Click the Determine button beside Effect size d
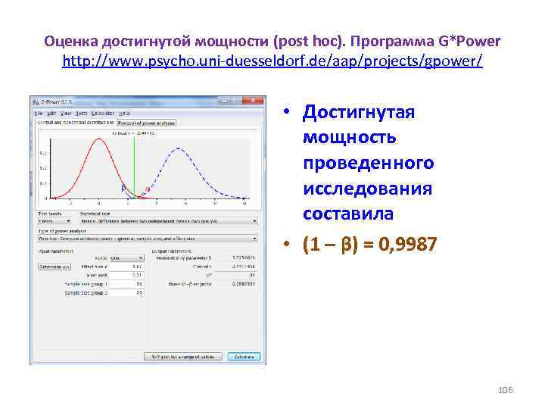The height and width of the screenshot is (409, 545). pos(54,267)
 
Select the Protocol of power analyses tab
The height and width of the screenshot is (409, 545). pos(145,121)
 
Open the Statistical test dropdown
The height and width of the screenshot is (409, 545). pos(168,222)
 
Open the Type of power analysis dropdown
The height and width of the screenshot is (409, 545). pos(148,236)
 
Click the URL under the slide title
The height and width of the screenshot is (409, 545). pos(272,59)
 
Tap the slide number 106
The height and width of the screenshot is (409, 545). pos(506,389)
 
